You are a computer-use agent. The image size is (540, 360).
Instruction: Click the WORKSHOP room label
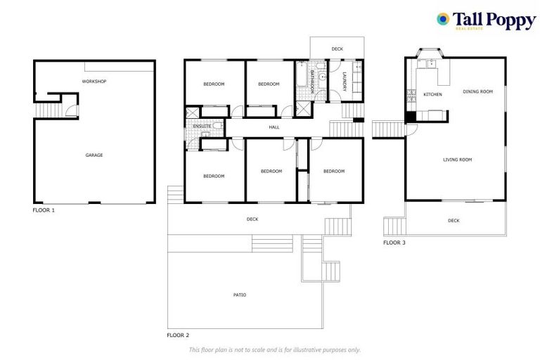(94, 82)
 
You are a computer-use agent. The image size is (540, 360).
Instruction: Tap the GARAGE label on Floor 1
(94, 155)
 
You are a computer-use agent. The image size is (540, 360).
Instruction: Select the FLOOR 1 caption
(44, 210)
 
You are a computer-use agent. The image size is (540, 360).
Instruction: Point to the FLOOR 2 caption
(178, 335)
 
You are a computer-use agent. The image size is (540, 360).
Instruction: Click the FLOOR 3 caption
(394, 243)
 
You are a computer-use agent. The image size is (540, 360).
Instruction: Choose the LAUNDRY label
(345, 82)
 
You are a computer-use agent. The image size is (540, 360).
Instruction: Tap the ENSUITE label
(193, 127)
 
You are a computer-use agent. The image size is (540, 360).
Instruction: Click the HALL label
(274, 127)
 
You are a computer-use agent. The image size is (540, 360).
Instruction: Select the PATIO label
(239, 295)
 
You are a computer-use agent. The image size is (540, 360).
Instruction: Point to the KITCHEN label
(432, 94)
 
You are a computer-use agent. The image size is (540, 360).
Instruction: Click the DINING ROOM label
(477, 91)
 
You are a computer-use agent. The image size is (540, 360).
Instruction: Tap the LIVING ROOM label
(457, 160)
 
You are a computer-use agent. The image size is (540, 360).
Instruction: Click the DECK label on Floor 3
(454, 221)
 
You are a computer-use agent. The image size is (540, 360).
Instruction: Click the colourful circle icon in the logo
(443, 19)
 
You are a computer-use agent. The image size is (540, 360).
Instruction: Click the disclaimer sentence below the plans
(274, 349)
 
